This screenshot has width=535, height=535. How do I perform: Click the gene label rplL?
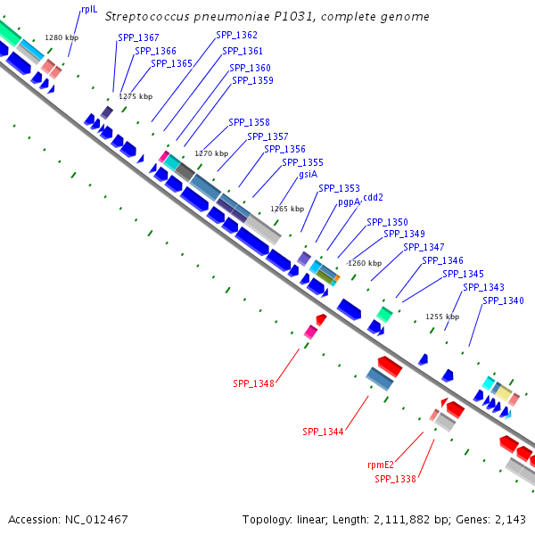tap(88, 9)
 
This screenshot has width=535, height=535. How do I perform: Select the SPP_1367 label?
tap(138, 37)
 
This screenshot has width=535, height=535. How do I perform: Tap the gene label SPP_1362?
tap(236, 35)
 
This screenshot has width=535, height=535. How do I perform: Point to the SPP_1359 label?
tap(252, 80)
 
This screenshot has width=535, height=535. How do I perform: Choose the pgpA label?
tap(349, 202)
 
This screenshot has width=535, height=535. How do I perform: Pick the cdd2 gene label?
tap(374, 197)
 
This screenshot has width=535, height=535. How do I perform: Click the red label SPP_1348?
tap(254, 383)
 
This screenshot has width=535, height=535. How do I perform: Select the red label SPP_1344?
tap(323, 432)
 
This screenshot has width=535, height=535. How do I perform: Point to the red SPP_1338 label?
tap(395, 479)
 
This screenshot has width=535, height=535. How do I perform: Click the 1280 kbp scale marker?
tap(62, 37)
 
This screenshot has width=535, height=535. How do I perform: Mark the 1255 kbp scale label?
tap(442, 317)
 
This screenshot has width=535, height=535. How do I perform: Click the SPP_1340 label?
tap(503, 300)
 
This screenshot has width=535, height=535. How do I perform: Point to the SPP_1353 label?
tap(339, 188)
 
